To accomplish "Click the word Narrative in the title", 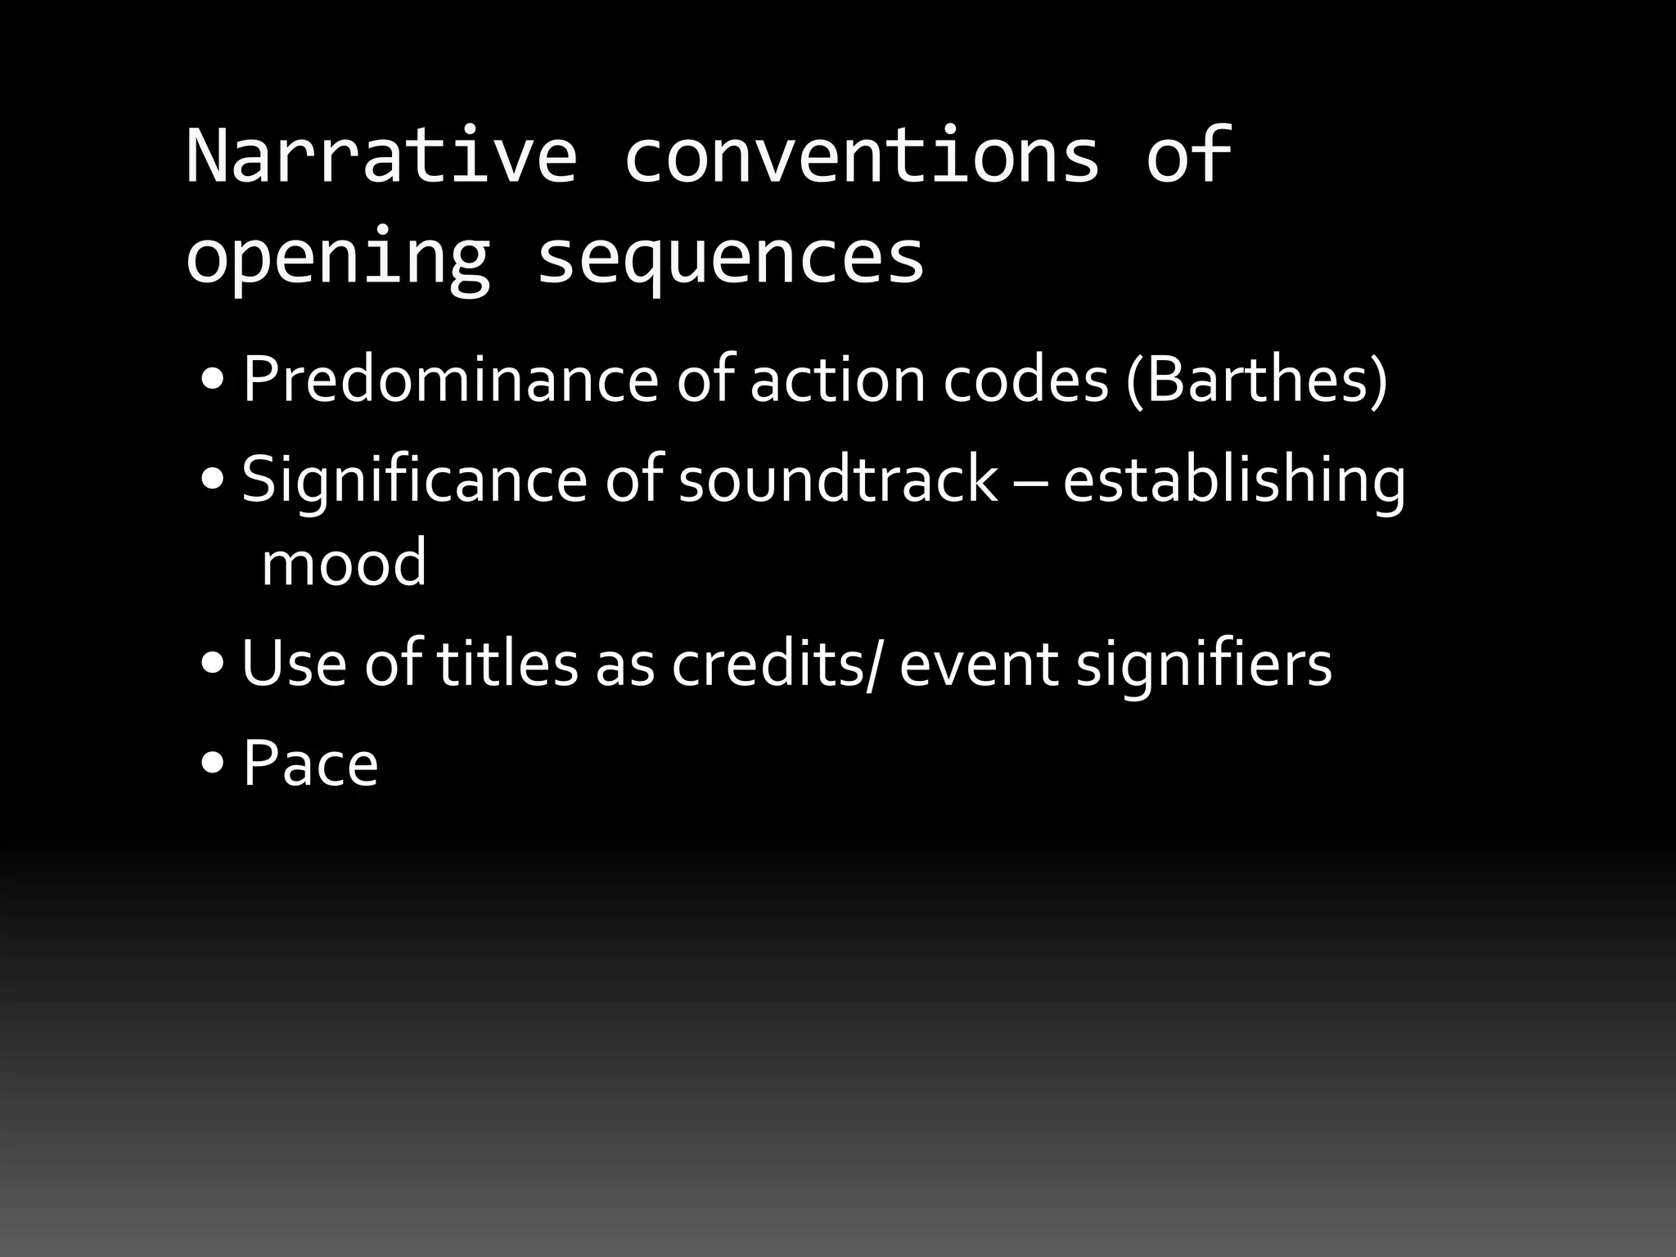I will pyautogui.click(x=381, y=155).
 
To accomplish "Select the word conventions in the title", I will pyautogui.click(x=861, y=155).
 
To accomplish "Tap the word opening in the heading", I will pyautogui.click(x=337, y=258).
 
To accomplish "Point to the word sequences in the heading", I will pyautogui.click(x=730, y=258).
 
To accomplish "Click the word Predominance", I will pyautogui.click(x=450, y=380).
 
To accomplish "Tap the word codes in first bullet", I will pyautogui.click(x=1025, y=380).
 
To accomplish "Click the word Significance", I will pyautogui.click(x=414, y=480).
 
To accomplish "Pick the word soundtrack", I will pyautogui.click(x=838, y=480).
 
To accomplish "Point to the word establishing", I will pyautogui.click(x=1234, y=481).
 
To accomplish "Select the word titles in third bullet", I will pyautogui.click(x=507, y=663).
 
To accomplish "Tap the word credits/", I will pyautogui.click(x=777, y=663).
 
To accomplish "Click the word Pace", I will pyautogui.click(x=310, y=764).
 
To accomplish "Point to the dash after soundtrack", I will pyautogui.click(x=1029, y=483).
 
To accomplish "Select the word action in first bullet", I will pyautogui.click(x=836, y=380).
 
